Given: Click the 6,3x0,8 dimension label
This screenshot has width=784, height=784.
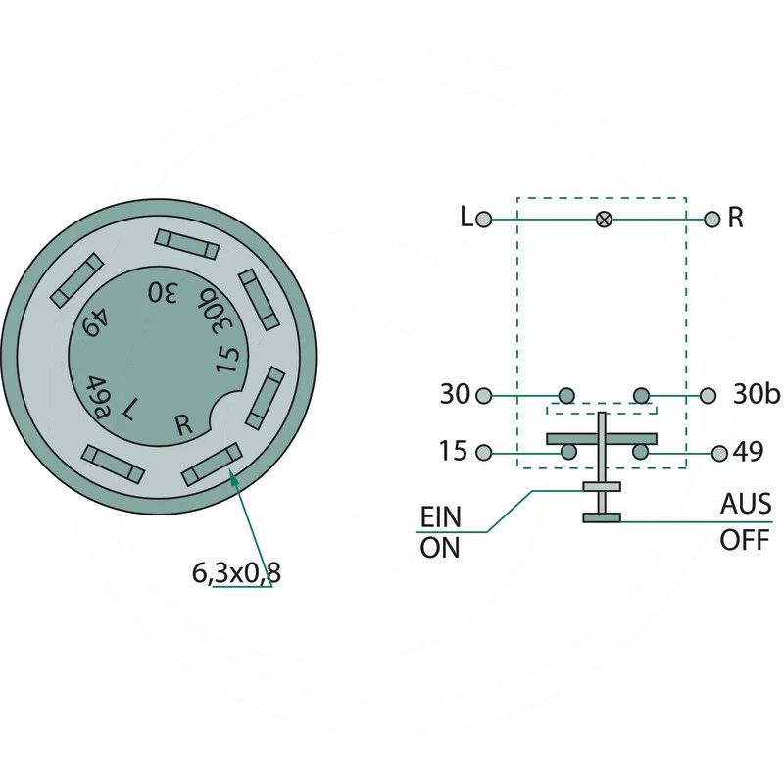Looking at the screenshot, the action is (x=236, y=573).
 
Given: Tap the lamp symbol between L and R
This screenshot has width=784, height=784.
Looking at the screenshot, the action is (x=604, y=219).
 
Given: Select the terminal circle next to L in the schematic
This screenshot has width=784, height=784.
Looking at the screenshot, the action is (x=484, y=219).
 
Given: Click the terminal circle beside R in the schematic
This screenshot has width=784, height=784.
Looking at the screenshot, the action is (x=711, y=219).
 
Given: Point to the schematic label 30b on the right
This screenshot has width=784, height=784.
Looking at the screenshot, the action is (x=757, y=394).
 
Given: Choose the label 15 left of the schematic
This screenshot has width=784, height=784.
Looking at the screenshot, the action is (x=453, y=451).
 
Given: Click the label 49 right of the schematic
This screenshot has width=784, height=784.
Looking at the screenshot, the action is (x=749, y=452).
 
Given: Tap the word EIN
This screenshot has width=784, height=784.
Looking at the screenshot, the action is (x=440, y=517).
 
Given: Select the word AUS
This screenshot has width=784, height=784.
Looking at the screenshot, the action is (x=746, y=504).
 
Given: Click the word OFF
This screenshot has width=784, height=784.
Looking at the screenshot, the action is (x=745, y=540).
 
